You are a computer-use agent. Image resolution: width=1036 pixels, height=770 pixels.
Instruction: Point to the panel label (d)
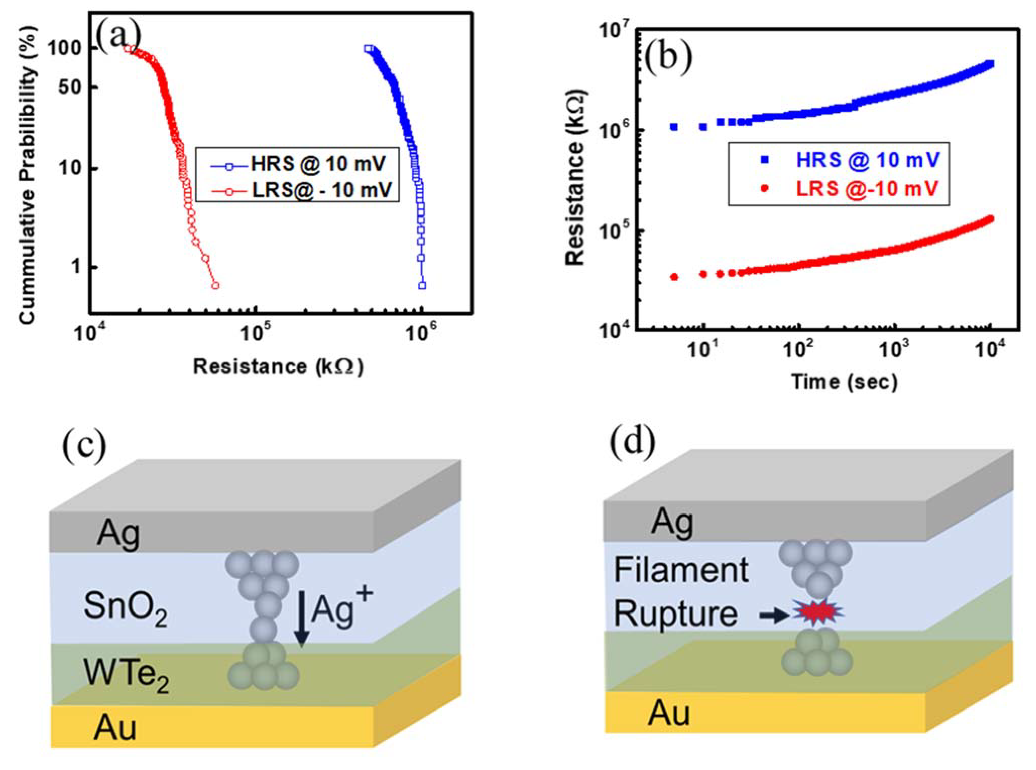(632, 442)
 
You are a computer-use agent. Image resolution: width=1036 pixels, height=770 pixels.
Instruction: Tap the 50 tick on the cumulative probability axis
(70, 87)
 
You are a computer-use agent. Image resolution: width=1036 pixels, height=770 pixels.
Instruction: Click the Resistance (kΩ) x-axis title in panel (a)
(278, 367)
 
